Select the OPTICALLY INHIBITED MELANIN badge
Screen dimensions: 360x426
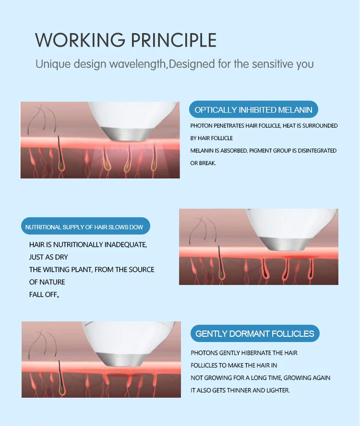[x=253, y=110]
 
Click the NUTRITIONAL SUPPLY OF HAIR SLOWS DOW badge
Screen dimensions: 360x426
[x=85, y=227]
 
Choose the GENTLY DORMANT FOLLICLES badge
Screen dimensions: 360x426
[x=255, y=333]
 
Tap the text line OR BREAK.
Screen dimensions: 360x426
[x=203, y=163]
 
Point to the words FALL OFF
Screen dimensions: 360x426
[x=45, y=295]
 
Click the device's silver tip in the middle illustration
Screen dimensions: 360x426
[x=283, y=244]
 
